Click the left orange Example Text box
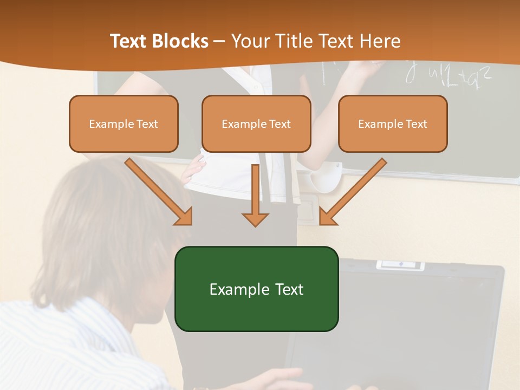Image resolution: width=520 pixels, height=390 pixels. point(123,124)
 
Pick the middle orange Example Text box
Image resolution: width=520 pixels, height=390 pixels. point(256,124)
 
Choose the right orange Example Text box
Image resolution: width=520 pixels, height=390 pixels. point(393,124)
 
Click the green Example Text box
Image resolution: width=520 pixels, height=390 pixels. point(256,289)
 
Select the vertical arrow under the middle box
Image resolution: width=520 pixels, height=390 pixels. point(255,195)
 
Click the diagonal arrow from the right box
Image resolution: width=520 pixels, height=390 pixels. point(352,192)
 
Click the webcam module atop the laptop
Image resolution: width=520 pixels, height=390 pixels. point(400,265)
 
